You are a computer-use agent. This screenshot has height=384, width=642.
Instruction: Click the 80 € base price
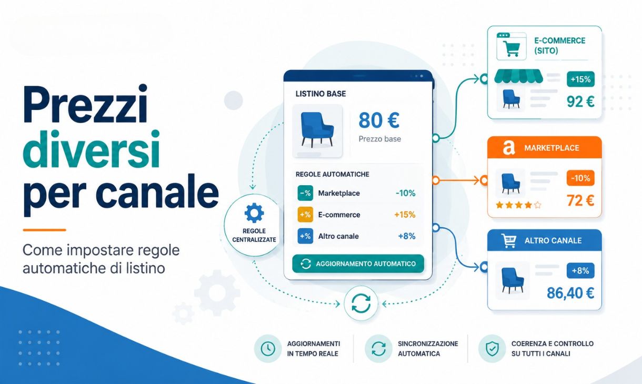[x=379, y=120]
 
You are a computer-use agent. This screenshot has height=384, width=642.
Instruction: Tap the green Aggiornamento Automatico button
[x=358, y=264]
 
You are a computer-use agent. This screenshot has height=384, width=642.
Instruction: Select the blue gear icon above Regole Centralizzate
[x=254, y=213]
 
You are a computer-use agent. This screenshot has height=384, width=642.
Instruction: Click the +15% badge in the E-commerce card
[x=580, y=79]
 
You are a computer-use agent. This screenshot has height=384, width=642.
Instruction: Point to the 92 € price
[x=580, y=102]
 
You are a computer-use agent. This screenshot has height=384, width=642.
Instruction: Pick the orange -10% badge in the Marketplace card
[x=580, y=178]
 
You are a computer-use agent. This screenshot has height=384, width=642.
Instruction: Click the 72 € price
[x=580, y=200]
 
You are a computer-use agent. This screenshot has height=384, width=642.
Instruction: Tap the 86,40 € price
[x=570, y=293]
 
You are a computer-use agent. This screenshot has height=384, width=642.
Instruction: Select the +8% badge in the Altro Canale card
[x=580, y=270]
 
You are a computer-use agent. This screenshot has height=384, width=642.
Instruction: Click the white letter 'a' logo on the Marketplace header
[x=509, y=148]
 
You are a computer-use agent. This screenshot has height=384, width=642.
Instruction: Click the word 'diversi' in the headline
[x=92, y=149]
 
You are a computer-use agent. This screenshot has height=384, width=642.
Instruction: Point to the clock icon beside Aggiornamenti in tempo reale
[x=268, y=348]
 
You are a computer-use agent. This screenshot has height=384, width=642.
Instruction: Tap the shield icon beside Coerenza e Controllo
[x=493, y=348]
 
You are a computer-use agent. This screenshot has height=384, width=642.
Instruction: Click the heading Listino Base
[x=320, y=94]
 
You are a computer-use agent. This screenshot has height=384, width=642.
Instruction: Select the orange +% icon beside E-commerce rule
[x=305, y=215]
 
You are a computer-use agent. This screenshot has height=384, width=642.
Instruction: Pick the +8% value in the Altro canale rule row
[x=407, y=236]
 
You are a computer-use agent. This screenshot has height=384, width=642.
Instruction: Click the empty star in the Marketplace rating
[x=538, y=205]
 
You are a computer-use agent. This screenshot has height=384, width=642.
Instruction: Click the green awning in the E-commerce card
[x=519, y=76]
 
